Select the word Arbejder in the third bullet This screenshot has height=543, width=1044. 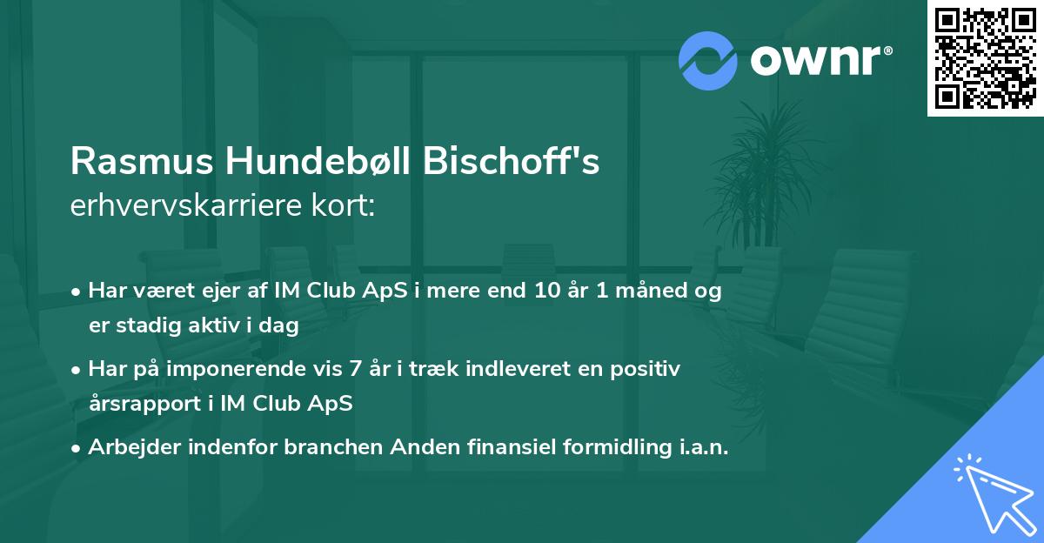coord(132,447)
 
